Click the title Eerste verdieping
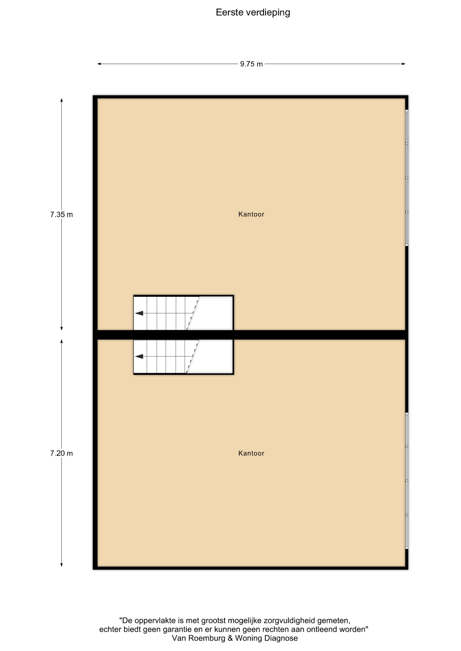tap(253, 13)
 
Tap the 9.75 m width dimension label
tap(252, 64)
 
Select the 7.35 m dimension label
tap(61, 215)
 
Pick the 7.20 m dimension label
tap(61, 453)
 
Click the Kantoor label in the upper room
tap(251, 214)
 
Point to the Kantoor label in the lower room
tap(251, 453)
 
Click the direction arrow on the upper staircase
tap(139, 313)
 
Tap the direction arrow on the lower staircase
tap(139, 356)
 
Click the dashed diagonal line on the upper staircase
tap(192, 313)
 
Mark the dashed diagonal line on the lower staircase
tap(192, 356)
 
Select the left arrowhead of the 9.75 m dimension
tap(99, 64)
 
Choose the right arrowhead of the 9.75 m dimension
tap(404, 64)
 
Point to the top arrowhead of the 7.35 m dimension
tap(61, 100)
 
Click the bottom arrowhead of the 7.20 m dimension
tap(61, 565)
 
